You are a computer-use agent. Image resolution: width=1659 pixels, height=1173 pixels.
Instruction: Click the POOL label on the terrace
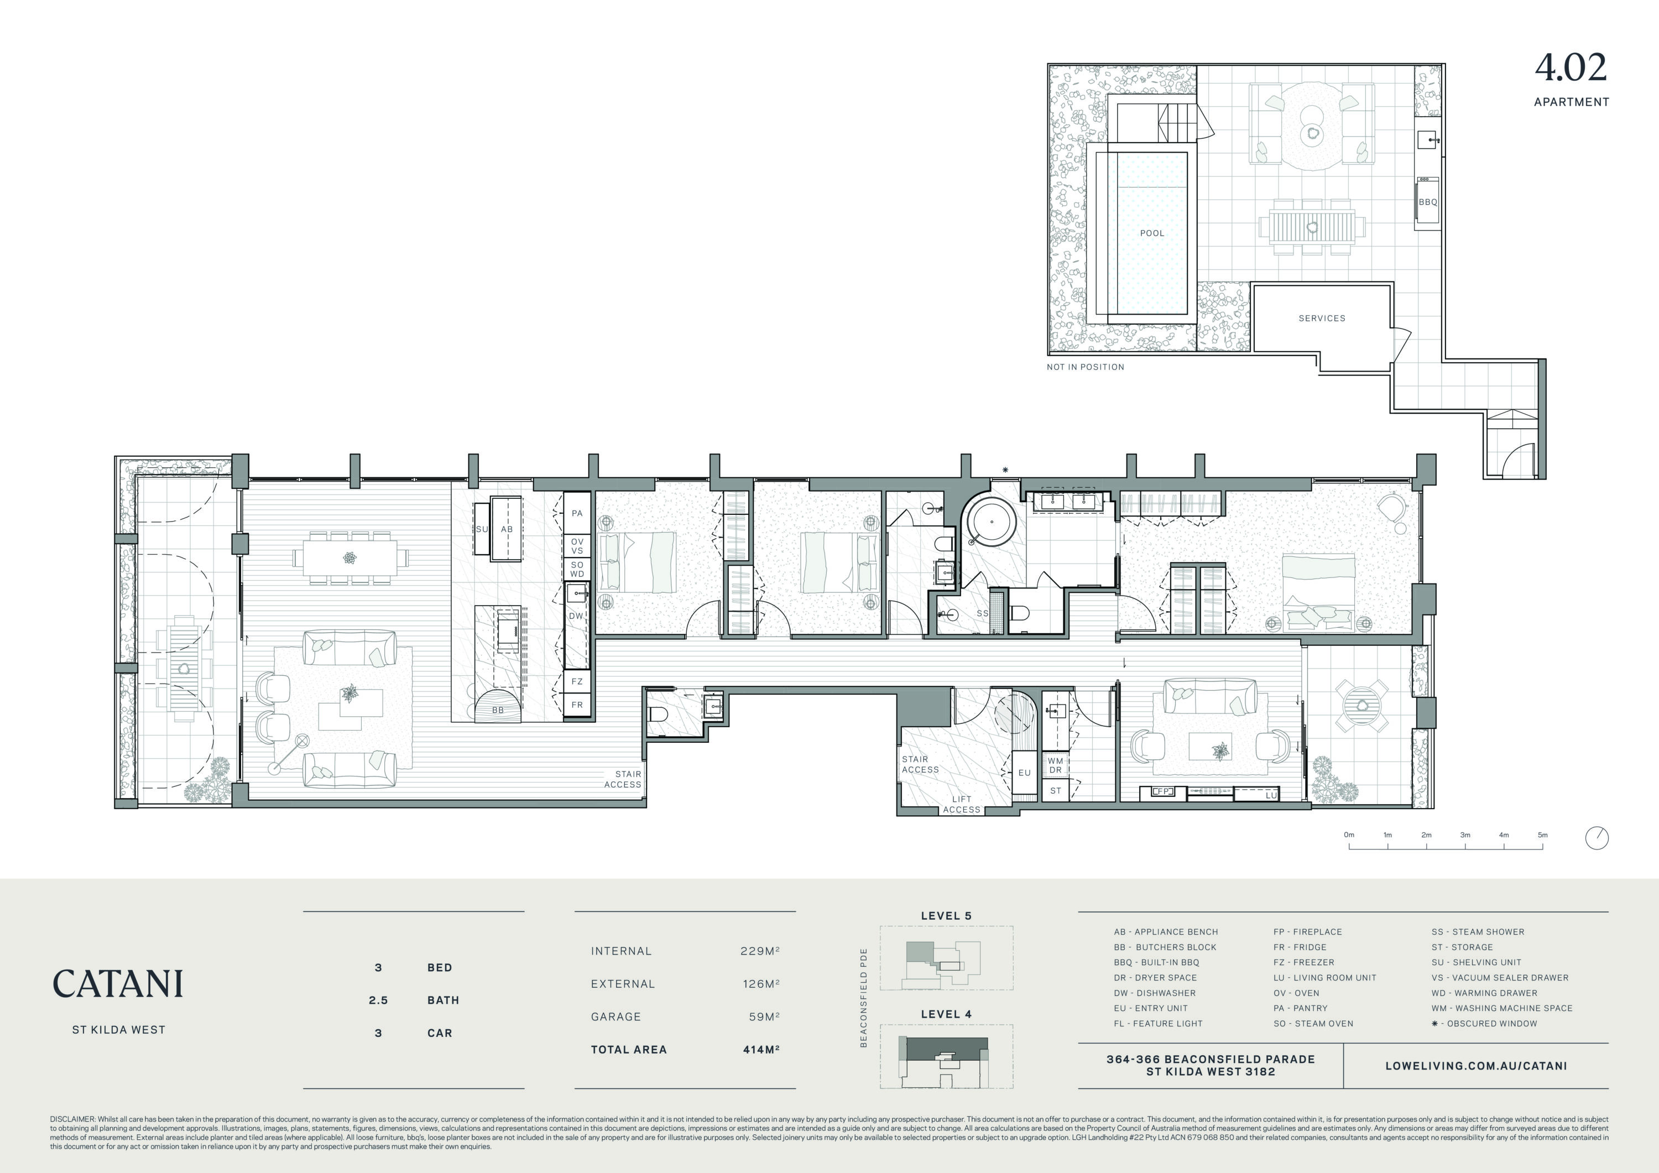(x=1152, y=233)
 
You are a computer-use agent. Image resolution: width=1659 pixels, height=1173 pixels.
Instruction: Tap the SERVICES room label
(x=1322, y=318)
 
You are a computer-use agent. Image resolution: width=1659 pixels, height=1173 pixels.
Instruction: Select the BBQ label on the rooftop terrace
(x=1427, y=202)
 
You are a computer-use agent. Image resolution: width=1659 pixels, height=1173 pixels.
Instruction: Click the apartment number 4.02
(x=1571, y=68)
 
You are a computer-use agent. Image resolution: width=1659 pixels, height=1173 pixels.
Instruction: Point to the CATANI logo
(x=118, y=984)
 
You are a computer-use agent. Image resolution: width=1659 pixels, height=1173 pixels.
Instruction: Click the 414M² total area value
(x=761, y=1050)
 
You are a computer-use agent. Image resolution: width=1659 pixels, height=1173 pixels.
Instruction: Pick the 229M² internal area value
(x=759, y=951)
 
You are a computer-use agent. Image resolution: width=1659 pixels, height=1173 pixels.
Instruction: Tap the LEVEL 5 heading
(x=946, y=916)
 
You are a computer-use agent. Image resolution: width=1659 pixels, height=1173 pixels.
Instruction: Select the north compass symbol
(x=1597, y=838)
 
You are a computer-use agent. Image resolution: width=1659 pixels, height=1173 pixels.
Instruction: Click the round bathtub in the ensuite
(x=992, y=520)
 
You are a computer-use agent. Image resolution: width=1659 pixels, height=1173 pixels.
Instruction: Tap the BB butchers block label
(x=498, y=711)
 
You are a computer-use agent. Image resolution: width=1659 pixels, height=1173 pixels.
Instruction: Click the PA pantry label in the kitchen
(x=577, y=513)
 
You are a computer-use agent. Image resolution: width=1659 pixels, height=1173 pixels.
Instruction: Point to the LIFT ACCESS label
(x=961, y=805)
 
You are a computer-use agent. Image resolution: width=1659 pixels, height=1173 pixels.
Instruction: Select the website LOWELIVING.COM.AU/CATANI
(x=1476, y=1066)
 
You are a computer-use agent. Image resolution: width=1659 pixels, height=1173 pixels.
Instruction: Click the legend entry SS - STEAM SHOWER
(x=1478, y=932)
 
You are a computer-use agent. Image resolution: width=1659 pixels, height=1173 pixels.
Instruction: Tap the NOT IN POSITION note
(x=1086, y=367)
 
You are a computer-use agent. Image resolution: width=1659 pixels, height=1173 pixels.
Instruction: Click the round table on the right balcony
(x=1362, y=706)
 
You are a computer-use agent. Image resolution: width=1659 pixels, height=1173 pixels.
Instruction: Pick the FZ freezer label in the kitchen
(x=577, y=681)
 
